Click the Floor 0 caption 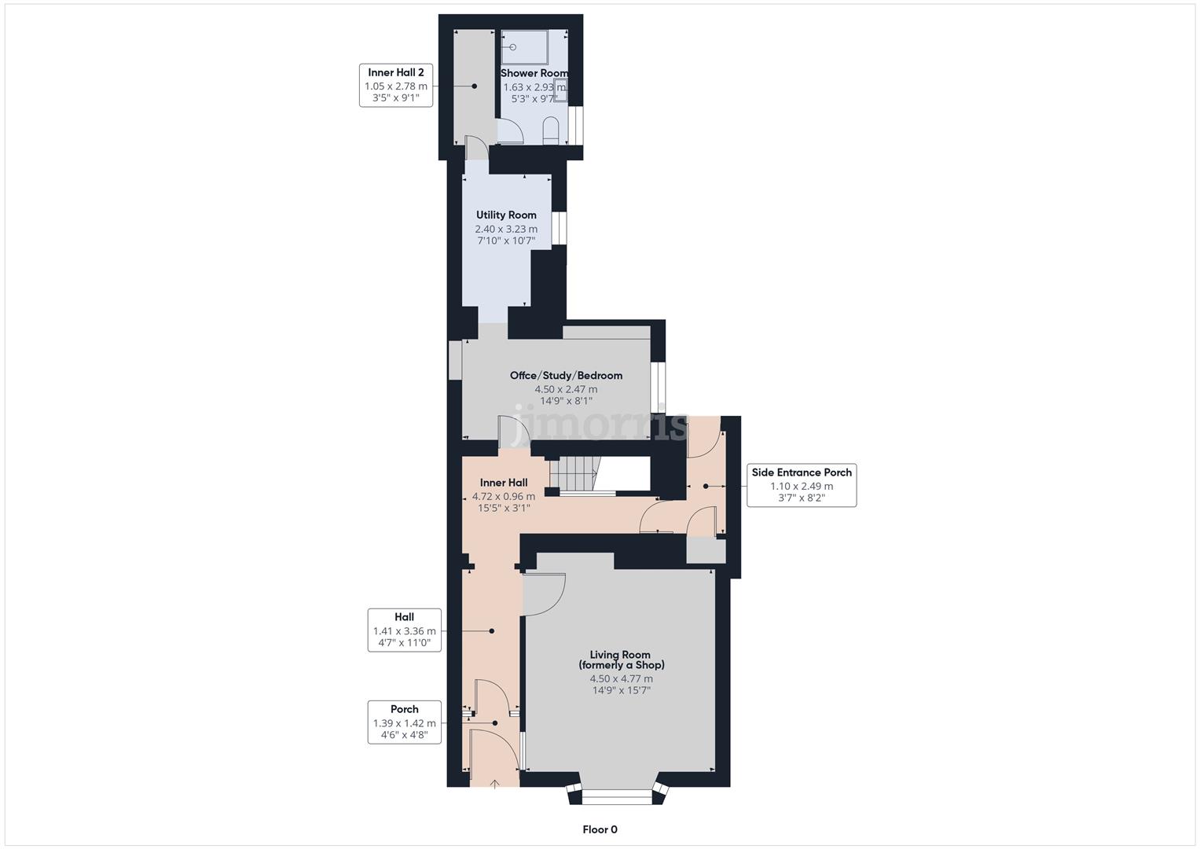[x=600, y=829]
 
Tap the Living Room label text [x=621, y=660]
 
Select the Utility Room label [x=506, y=215]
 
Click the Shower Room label [x=534, y=73]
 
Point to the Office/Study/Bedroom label [x=566, y=376]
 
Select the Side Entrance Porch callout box [x=801, y=486]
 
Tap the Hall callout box [x=404, y=630]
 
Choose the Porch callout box [x=404, y=722]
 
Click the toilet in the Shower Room [x=550, y=130]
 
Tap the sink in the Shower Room [x=560, y=90]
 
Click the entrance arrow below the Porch [x=494, y=783]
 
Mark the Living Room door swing [x=544, y=594]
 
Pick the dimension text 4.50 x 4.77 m [x=621, y=679]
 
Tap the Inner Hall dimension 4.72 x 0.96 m [x=503, y=497]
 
